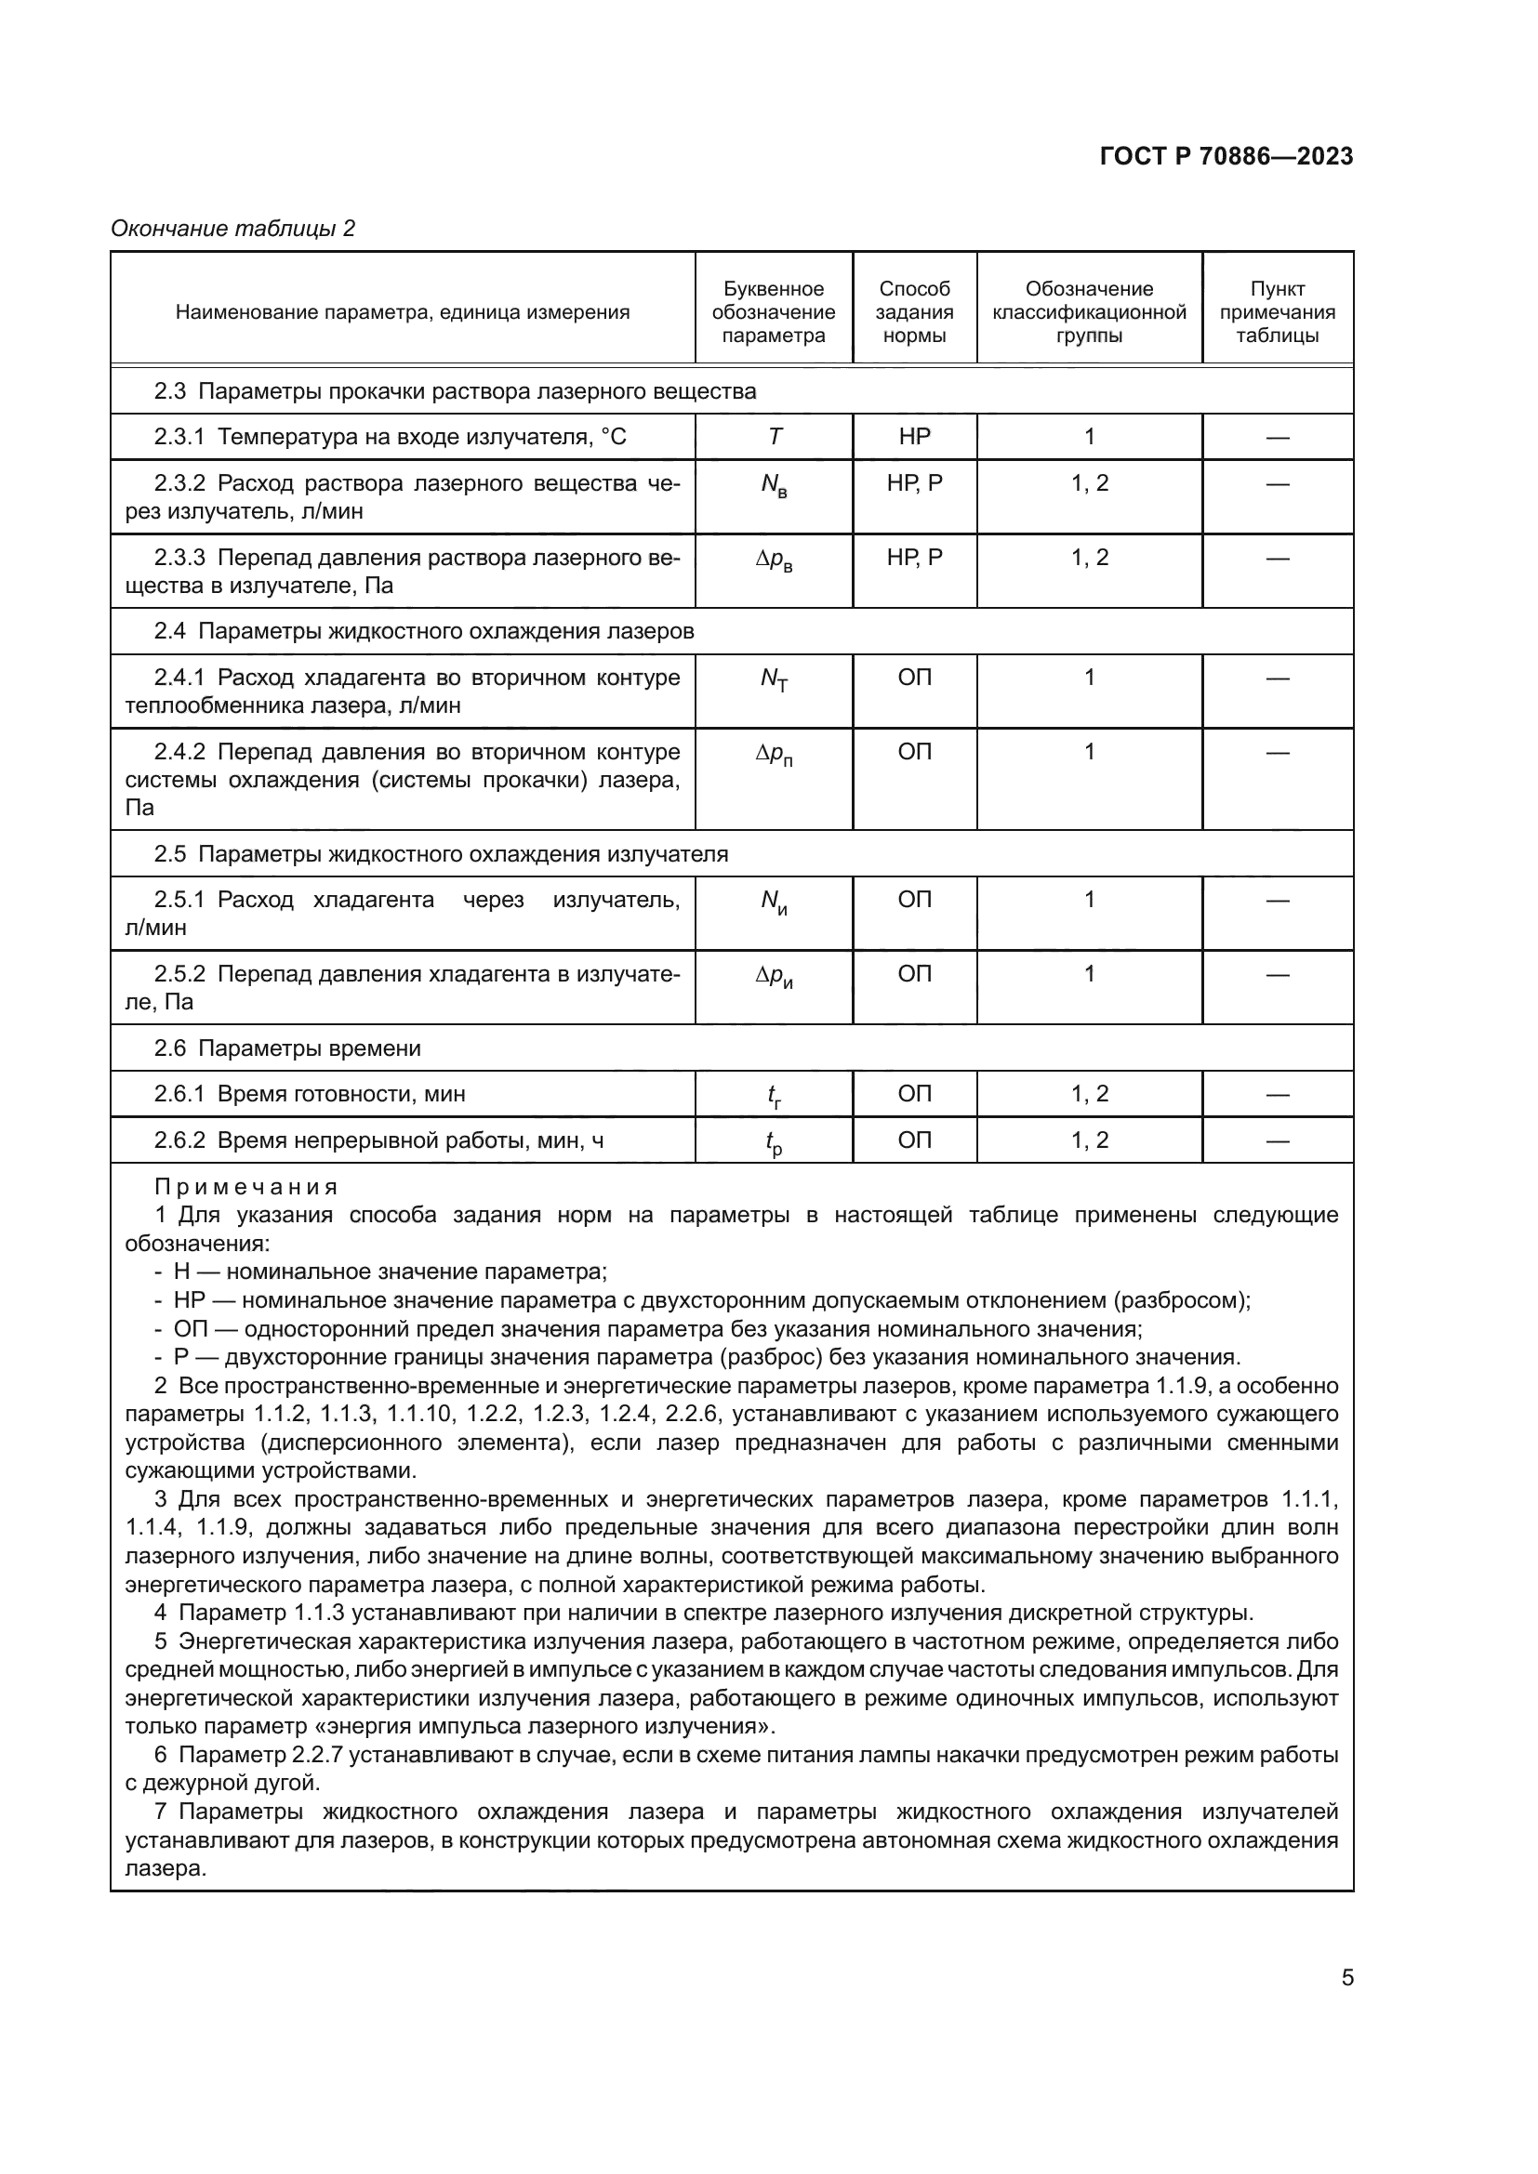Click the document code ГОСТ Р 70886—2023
[x=1226, y=157]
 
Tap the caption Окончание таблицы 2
[x=233, y=230]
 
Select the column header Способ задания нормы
[x=914, y=312]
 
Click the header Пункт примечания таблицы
[x=1277, y=312]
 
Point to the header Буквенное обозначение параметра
[x=773, y=312]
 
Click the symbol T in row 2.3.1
[x=775, y=437]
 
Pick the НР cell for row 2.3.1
[x=914, y=437]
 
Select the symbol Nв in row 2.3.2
[x=774, y=486]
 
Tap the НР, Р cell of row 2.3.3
[x=914, y=558]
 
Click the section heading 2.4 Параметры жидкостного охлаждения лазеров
[x=424, y=631]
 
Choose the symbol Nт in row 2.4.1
[x=774, y=679]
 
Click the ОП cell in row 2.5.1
[x=914, y=900]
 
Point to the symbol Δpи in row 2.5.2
[x=774, y=976]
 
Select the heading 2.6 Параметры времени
[x=288, y=1048]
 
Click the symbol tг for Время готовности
[x=774, y=1097]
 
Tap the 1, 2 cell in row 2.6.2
[x=1089, y=1140]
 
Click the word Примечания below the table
[x=246, y=1187]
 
